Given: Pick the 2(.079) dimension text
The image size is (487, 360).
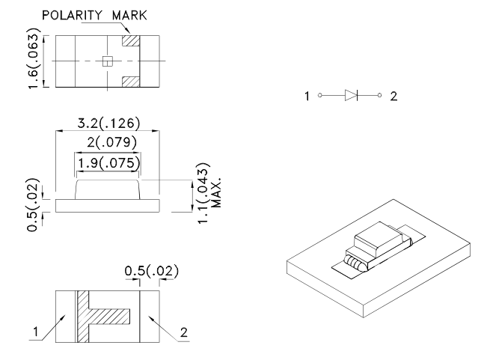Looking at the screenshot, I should pyautogui.click(x=107, y=142).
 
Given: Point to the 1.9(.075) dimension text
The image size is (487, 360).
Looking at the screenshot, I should pyautogui.click(x=107, y=162).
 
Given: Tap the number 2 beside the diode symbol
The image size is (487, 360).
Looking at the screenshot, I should pyautogui.click(x=393, y=96).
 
